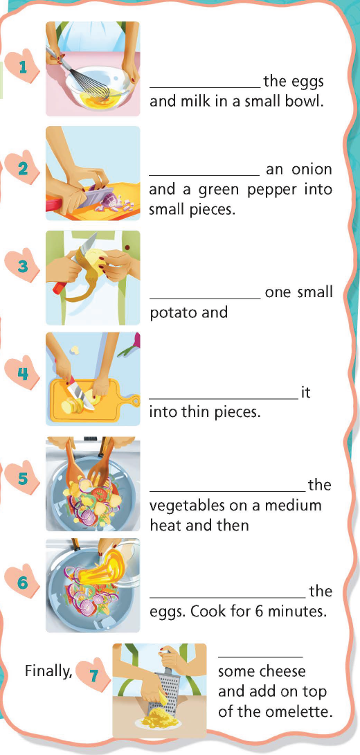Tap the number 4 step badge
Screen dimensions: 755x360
[x=23, y=375]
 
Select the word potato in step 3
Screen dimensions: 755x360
[x=167, y=312]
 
